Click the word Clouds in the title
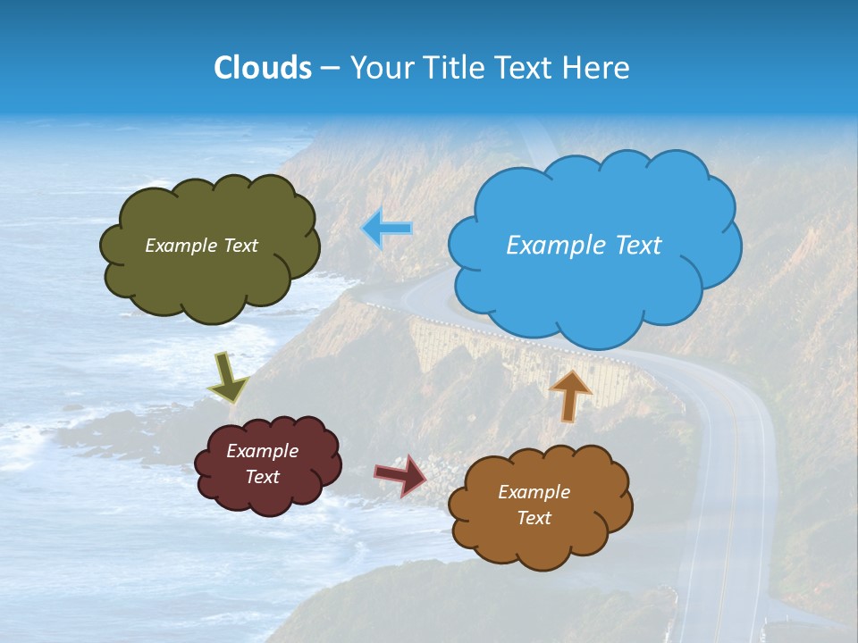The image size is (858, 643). click(x=263, y=68)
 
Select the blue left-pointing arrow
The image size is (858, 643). click(x=387, y=229)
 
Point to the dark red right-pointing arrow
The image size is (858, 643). click(x=400, y=475)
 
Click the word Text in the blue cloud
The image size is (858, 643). click(x=639, y=246)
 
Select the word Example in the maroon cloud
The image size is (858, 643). click(x=262, y=452)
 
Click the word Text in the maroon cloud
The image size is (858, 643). click(x=262, y=477)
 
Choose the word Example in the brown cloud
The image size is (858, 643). click(x=534, y=492)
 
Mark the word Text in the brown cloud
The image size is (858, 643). click(x=534, y=518)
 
